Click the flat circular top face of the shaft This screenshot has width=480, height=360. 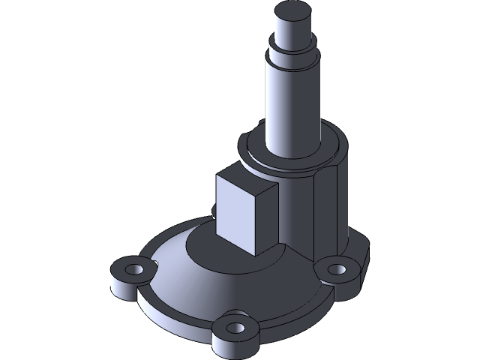[x=292, y=11]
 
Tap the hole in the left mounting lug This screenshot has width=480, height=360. [x=134, y=268]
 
